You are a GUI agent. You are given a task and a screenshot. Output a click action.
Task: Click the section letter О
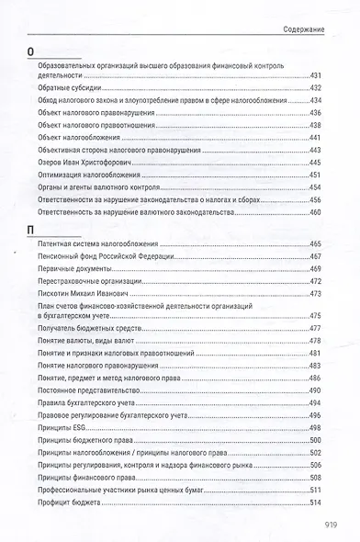[32, 52]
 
